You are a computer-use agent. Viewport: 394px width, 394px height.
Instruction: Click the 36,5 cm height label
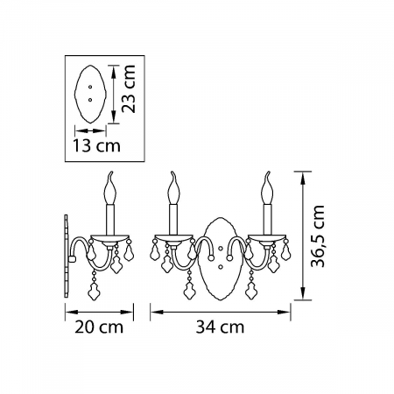tap(318, 236)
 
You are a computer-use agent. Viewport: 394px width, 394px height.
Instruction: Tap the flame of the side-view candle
tap(110, 185)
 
